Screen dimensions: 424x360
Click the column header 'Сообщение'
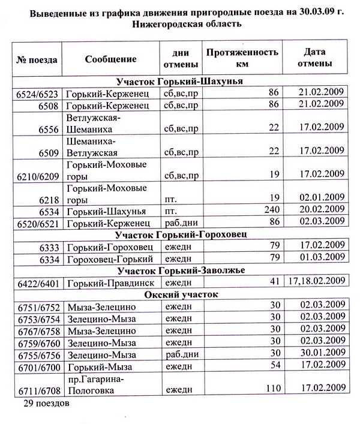pyautogui.click(x=110, y=59)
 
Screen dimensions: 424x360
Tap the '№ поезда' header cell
pyautogui.click(x=37, y=59)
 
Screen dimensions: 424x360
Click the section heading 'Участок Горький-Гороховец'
pyautogui.click(x=181, y=234)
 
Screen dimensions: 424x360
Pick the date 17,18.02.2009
pyautogui.click(x=316, y=281)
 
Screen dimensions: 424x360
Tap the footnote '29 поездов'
pyautogui.click(x=46, y=404)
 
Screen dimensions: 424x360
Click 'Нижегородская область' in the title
pyautogui.click(x=181, y=25)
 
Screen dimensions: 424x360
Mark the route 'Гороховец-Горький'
pyautogui.click(x=110, y=258)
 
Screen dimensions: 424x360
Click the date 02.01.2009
pyautogui.click(x=321, y=197)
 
